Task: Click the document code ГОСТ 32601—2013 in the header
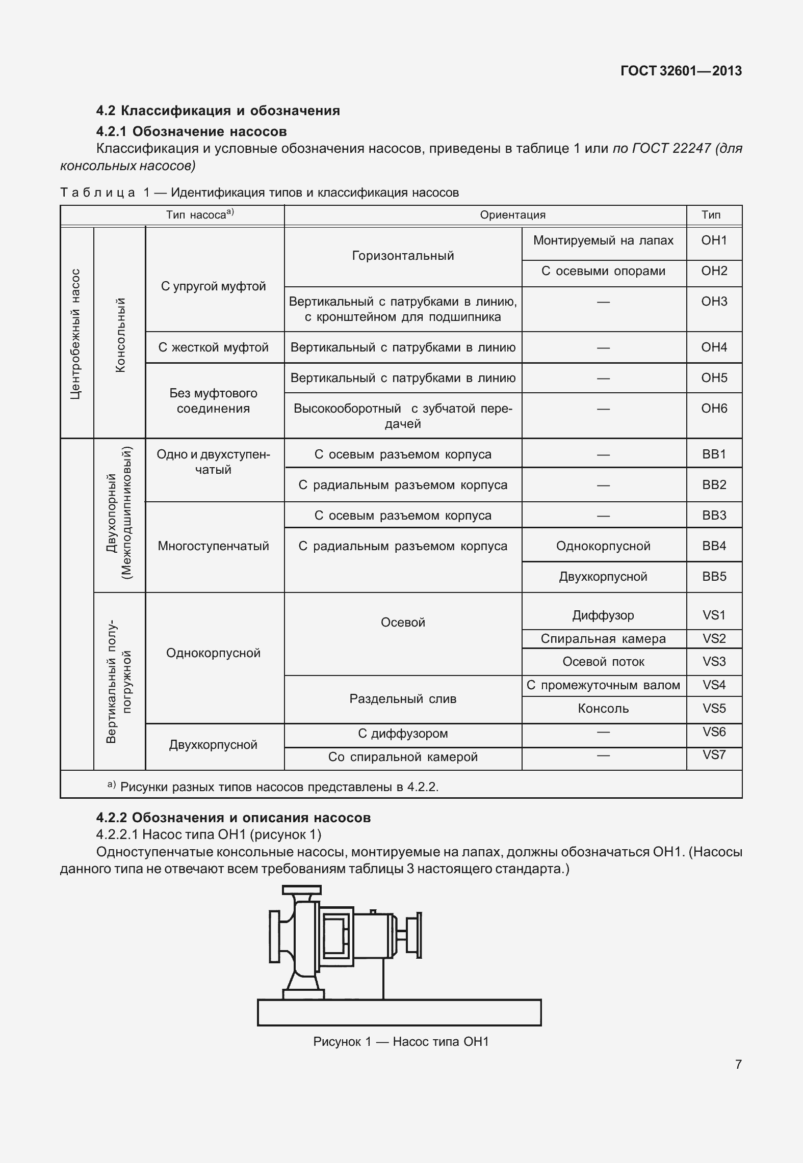click(681, 71)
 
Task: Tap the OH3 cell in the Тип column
click(714, 302)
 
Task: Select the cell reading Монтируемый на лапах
click(603, 240)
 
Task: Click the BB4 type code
click(714, 546)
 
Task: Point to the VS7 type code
click(714, 755)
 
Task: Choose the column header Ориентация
click(512, 215)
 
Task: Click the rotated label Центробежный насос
click(75, 334)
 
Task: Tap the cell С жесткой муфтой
click(214, 347)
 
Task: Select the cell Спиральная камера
click(603, 639)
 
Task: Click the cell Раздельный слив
click(403, 699)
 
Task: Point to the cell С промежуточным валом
click(603, 685)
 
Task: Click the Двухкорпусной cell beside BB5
click(603, 577)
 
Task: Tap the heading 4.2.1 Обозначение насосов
click(191, 131)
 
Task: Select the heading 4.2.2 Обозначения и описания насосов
click(233, 818)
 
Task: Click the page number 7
click(738, 1064)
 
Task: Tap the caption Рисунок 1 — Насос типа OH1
click(401, 1042)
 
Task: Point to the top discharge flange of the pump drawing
click(302, 890)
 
